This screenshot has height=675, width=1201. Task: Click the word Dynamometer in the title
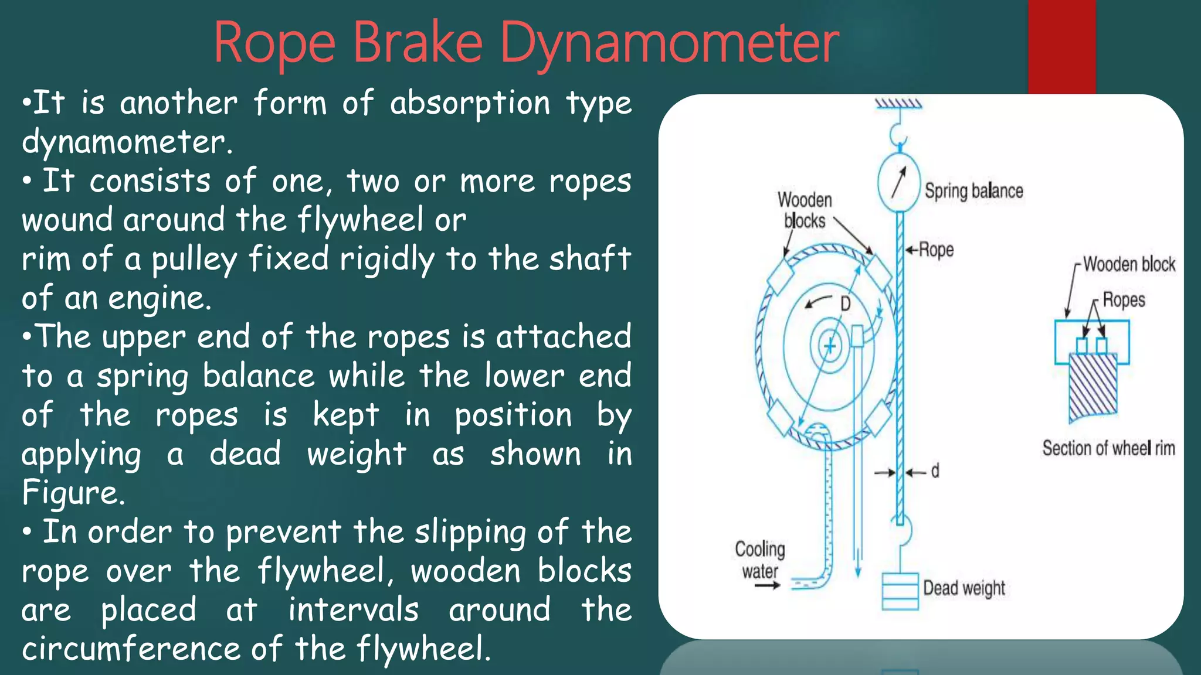[x=670, y=43]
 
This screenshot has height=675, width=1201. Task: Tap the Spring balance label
[x=973, y=191]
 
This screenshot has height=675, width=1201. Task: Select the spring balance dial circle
[x=899, y=182]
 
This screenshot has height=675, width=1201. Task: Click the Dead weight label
[x=963, y=588]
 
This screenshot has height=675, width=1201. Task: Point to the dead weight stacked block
[x=900, y=591]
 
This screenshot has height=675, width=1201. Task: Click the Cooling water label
[x=760, y=560]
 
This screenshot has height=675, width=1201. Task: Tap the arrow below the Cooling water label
[x=767, y=585]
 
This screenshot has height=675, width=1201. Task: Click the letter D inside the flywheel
[x=845, y=304]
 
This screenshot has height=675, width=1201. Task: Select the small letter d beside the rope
[x=935, y=471]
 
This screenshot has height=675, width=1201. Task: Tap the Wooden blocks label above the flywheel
[x=805, y=210]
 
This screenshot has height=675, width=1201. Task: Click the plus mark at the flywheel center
[x=830, y=346]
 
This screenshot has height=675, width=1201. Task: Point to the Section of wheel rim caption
[x=1108, y=448]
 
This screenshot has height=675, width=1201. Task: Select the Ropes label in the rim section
[x=1124, y=300]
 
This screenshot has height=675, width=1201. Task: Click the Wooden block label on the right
[x=1129, y=264]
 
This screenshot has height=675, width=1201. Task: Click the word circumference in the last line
[x=131, y=649]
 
